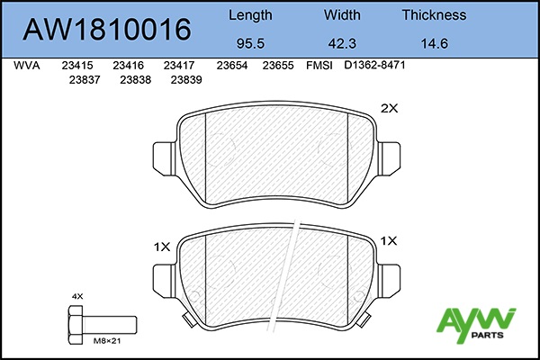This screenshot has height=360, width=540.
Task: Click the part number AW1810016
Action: [107, 30]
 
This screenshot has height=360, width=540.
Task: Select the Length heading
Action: [250, 15]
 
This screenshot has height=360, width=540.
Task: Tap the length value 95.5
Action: [250, 43]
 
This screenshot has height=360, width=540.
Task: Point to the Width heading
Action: [342, 14]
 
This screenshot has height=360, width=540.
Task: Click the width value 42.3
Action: [342, 43]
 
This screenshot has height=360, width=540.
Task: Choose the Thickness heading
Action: [435, 14]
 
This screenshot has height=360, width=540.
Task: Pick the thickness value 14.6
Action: [435, 43]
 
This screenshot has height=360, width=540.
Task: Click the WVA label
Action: [26, 66]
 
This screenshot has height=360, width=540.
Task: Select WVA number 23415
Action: [77, 66]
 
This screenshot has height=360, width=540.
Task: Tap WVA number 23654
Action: [232, 66]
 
